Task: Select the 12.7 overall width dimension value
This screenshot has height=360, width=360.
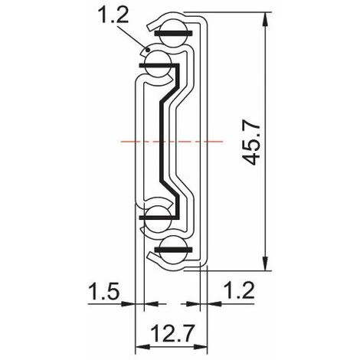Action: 170,334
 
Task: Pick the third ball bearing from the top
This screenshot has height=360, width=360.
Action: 158,217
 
